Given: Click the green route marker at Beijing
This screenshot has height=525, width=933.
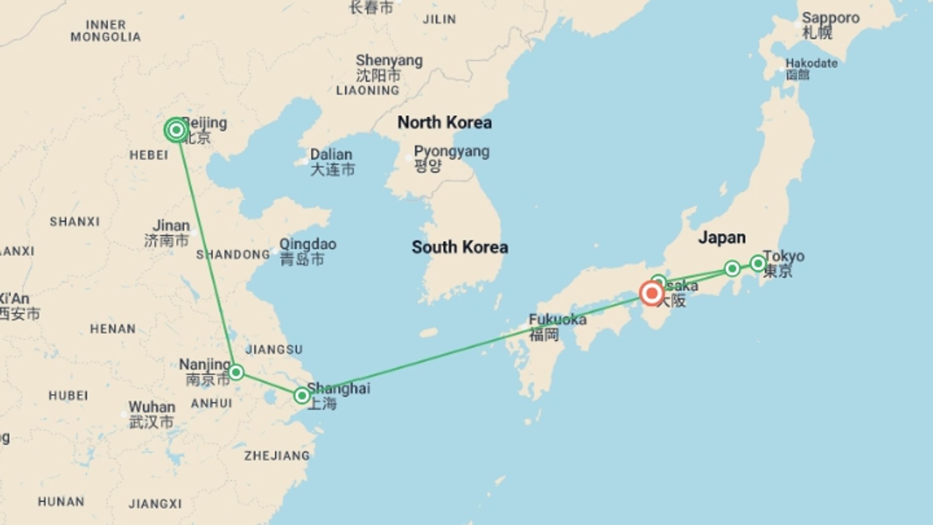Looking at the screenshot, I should click(x=176, y=130).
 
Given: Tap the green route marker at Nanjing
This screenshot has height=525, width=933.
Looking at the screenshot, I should click(x=236, y=372).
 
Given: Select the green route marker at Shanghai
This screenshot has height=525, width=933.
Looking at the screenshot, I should click(x=302, y=396).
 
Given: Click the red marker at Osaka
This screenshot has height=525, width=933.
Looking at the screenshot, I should click(x=651, y=293).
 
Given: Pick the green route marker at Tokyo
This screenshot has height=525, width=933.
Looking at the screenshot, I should click(x=758, y=263).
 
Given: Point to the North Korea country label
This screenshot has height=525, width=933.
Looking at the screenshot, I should click(x=444, y=122).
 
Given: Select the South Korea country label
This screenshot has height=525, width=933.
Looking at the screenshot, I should click(x=460, y=247).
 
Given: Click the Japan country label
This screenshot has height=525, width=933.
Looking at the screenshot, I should click(x=722, y=238).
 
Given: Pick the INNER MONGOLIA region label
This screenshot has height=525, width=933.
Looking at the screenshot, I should click(x=105, y=31).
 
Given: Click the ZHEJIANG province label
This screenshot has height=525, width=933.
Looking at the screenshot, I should click(x=276, y=455).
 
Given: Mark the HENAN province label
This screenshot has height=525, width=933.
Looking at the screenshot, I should click(x=113, y=329).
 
